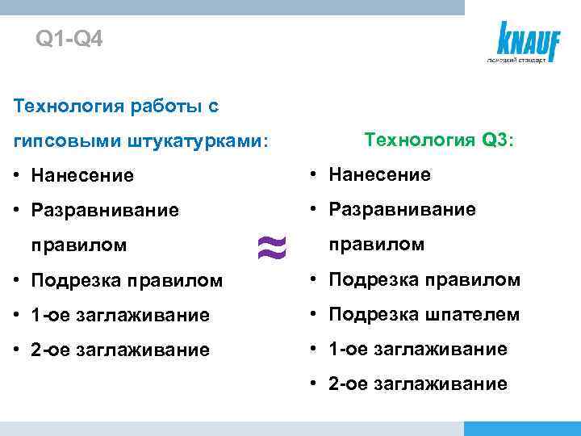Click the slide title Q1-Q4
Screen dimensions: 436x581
point(69,39)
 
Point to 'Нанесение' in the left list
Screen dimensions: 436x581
point(82,175)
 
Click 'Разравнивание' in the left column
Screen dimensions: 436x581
point(104,210)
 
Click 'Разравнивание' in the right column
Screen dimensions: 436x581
point(401,210)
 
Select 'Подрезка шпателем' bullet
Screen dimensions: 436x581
point(423,315)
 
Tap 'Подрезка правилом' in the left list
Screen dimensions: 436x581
point(126,280)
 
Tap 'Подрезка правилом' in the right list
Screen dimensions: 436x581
point(423,280)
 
